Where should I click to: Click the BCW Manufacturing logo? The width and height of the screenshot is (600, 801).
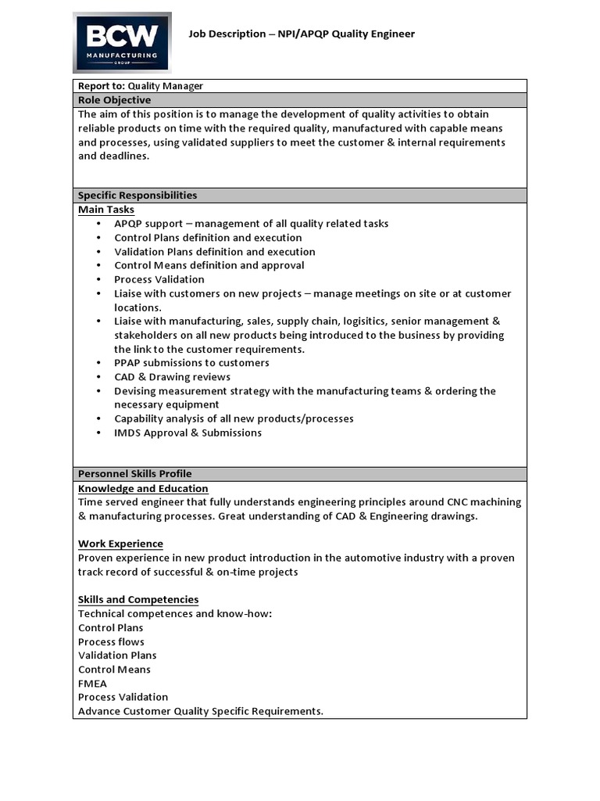pos(122,42)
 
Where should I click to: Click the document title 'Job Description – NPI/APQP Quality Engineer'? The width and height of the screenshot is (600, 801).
pos(302,34)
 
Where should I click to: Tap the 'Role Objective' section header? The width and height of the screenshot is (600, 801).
pos(115,100)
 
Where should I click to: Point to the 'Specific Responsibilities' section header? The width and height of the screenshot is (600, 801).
pos(137,196)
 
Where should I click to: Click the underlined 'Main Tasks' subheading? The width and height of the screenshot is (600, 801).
pos(106,210)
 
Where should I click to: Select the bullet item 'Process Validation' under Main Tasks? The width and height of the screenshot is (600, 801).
pos(159,279)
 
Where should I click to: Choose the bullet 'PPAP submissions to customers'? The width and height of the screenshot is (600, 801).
pos(191,363)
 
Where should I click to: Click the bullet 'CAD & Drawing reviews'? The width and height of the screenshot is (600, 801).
pos(172,377)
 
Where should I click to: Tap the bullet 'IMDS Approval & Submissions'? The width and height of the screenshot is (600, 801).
pos(187,433)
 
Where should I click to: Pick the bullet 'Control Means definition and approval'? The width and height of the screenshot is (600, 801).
pos(209,265)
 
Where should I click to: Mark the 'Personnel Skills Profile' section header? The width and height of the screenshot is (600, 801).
pos(134,474)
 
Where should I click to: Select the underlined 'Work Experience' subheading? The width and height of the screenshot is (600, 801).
pos(120,544)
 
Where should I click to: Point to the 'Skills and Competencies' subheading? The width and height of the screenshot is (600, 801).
pos(138,599)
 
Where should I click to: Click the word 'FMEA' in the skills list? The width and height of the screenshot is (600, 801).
pos(93,683)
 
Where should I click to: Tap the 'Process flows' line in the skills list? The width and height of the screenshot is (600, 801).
pos(111,641)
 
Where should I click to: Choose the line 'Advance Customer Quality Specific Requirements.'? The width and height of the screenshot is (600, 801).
pos(201,711)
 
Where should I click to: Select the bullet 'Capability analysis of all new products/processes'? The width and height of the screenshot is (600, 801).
pos(234,418)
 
